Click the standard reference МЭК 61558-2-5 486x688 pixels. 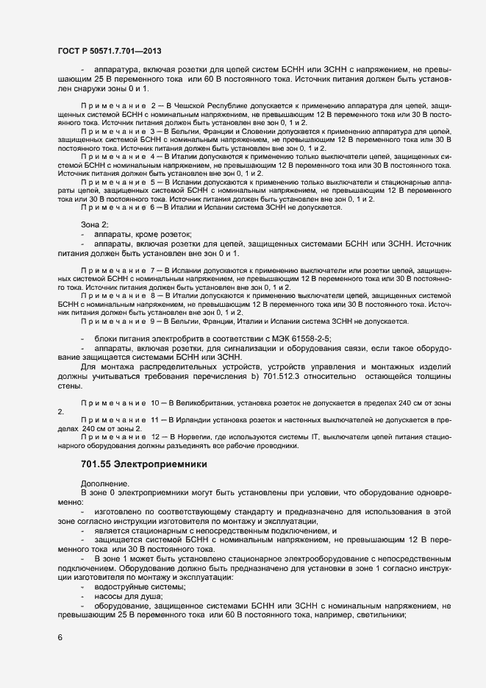(x=302, y=338)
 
